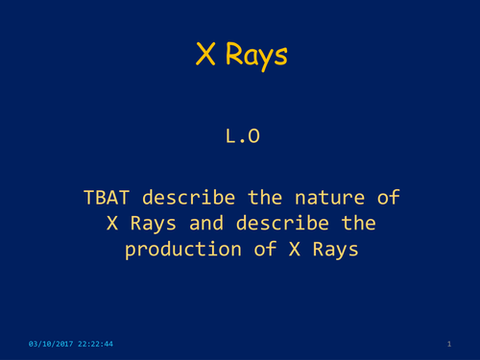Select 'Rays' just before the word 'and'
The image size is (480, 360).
click(150, 225)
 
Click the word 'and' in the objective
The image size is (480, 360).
click(205, 224)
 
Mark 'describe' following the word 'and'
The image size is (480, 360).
click(278, 224)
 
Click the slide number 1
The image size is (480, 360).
click(448, 344)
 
